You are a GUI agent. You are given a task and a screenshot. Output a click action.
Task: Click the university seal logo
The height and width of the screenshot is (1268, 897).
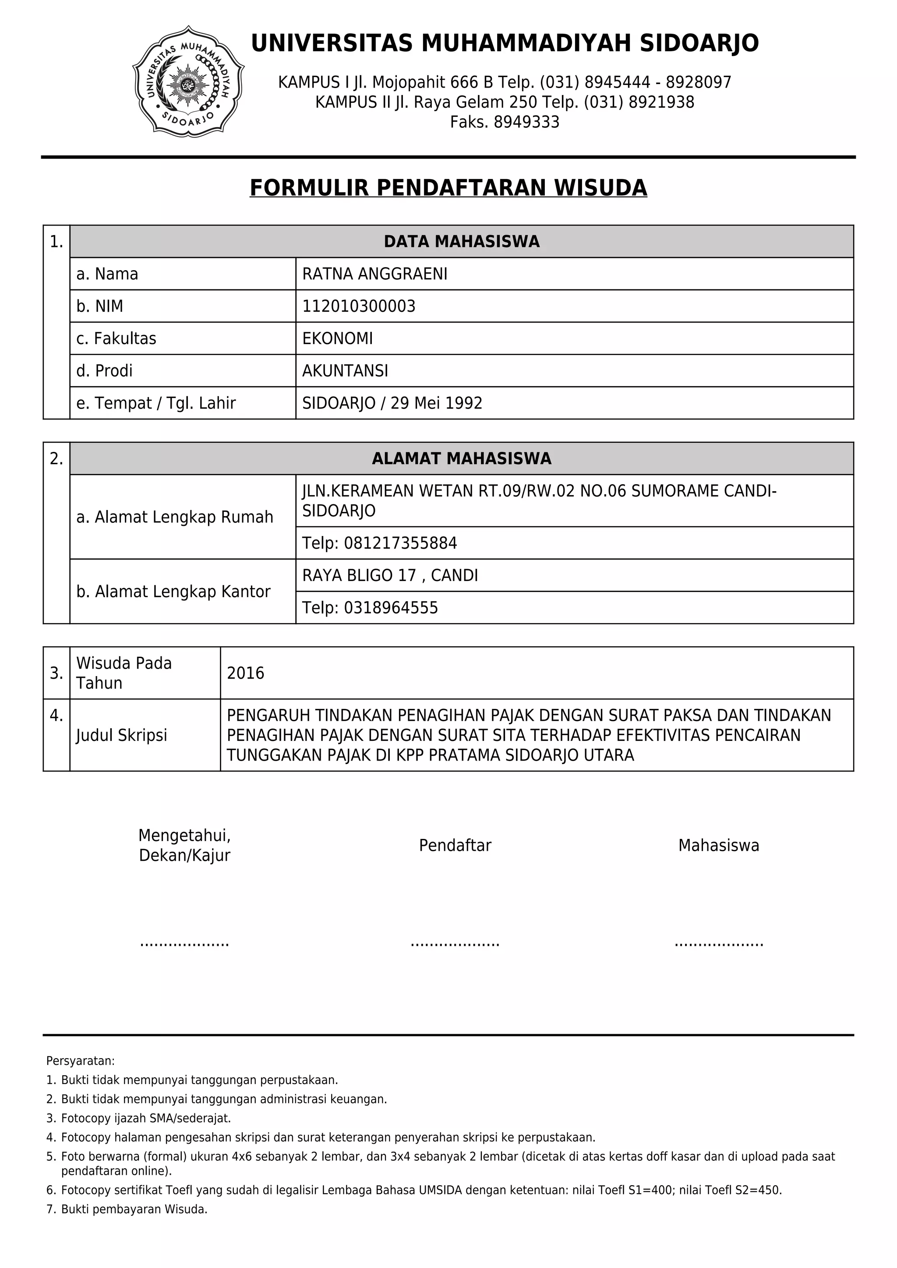[x=188, y=81]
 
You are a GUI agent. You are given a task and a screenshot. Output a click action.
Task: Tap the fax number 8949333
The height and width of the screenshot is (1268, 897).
[x=526, y=122]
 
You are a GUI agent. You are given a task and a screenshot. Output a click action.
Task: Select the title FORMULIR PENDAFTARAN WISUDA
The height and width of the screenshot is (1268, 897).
[x=448, y=188]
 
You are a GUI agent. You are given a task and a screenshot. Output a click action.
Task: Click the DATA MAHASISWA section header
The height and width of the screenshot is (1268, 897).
[x=461, y=241]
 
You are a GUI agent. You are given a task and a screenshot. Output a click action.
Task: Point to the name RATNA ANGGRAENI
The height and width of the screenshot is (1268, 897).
[x=374, y=274]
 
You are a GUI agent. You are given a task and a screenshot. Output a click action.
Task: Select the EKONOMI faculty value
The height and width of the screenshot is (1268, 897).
[x=338, y=338]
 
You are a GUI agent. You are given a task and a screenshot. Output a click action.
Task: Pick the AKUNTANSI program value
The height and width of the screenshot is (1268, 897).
[x=345, y=370]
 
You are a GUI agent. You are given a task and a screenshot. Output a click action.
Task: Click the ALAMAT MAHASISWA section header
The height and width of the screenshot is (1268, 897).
[x=461, y=458]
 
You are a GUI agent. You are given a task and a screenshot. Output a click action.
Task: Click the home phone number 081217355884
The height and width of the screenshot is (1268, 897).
[x=400, y=543]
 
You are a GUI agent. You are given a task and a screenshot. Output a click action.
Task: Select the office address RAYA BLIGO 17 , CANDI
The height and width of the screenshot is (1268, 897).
[x=390, y=575]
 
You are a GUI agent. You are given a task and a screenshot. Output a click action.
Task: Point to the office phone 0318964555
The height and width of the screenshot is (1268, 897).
[x=391, y=607]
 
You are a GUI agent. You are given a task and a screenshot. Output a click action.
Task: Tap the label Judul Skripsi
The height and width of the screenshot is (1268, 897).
[x=121, y=735]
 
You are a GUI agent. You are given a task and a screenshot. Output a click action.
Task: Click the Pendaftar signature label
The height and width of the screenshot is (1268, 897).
[x=455, y=845]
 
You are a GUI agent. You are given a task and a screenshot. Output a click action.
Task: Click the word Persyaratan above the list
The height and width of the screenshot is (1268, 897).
[x=81, y=1060]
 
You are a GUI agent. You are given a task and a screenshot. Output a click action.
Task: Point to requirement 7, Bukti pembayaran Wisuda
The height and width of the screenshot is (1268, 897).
[x=134, y=1209]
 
